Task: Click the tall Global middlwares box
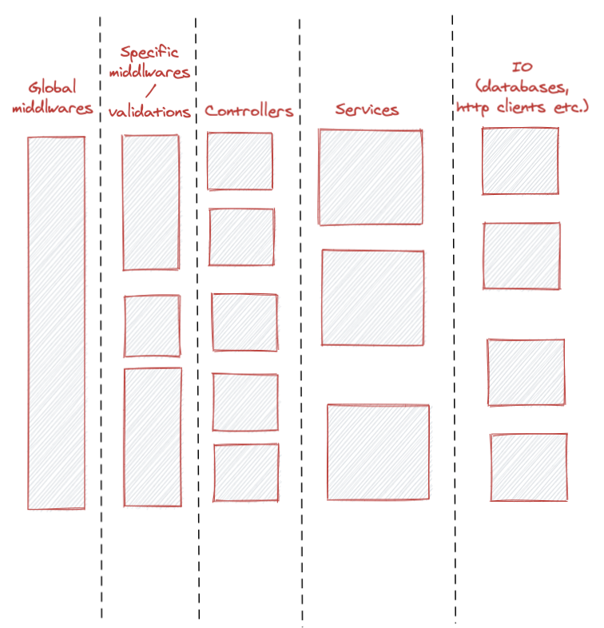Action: [x=56, y=323]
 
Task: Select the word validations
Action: [x=150, y=112]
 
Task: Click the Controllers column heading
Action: [x=248, y=111]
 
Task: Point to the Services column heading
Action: [x=367, y=109]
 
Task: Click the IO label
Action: [x=523, y=68]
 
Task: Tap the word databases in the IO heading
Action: [x=524, y=86]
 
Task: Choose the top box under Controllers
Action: [x=240, y=161]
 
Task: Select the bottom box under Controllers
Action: [x=246, y=472]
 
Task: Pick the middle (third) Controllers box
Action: [x=244, y=321]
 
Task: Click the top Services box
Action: [x=371, y=177]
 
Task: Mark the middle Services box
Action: [x=373, y=297]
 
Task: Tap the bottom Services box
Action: [x=378, y=452]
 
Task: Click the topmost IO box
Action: [x=520, y=161]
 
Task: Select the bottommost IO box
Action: [x=529, y=467]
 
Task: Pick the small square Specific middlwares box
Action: [x=152, y=326]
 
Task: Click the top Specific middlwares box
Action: [x=150, y=202]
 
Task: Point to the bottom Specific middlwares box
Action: [x=153, y=438]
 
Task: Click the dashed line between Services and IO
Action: [x=454, y=320]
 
